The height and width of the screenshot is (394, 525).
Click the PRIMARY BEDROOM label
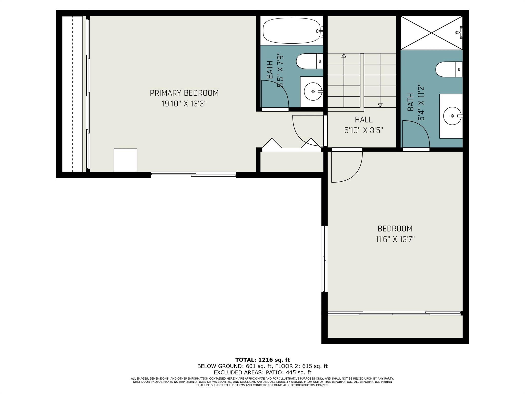(x=184, y=93)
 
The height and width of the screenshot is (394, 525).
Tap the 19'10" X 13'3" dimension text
(x=184, y=104)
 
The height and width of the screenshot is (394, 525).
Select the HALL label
(x=364, y=120)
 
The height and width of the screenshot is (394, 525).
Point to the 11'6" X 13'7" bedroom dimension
(x=395, y=239)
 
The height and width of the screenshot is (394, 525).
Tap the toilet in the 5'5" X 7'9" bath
(x=309, y=61)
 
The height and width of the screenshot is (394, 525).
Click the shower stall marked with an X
(x=431, y=33)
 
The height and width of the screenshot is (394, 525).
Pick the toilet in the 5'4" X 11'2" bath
(x=448, y=69)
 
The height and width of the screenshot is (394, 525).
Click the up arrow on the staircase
(x=344, y=56)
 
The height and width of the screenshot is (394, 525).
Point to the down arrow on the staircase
(x=380, y=105)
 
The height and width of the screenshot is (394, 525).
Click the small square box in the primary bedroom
(x=125, y=160)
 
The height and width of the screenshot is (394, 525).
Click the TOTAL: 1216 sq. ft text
(x=262, y=360)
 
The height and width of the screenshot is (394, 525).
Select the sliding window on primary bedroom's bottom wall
(x=194, y=175)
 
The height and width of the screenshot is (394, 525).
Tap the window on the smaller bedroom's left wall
(x=325, y=259)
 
